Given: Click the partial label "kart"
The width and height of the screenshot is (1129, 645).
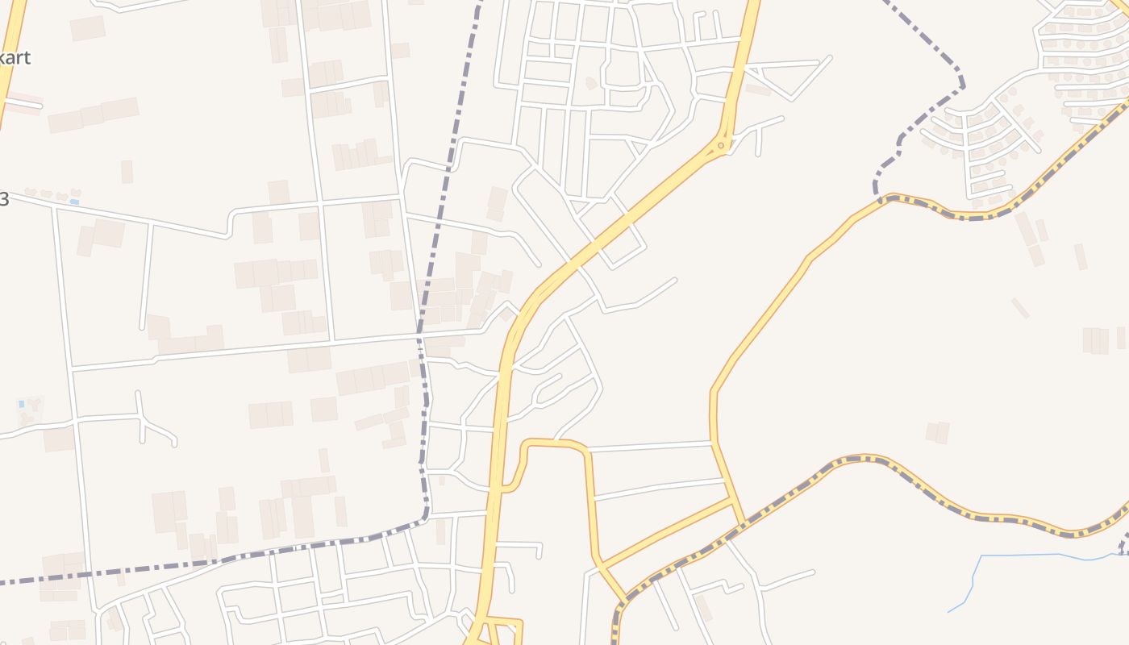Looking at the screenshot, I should coord(16,58).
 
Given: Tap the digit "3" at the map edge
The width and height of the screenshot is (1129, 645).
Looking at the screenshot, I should coord(4,199).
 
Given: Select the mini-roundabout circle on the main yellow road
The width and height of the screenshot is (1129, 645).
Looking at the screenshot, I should coord(723,145).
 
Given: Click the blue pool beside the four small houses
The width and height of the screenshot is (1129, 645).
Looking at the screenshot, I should coord(74,201).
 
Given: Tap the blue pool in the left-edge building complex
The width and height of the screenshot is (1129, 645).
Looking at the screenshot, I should coord(21,403).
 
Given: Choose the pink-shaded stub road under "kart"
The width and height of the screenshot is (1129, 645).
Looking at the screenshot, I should coord(23,103).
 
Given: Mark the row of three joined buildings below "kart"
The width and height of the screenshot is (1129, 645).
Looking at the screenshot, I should coord(93,114).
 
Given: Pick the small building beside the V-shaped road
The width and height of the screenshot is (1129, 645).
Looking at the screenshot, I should coord(758,89).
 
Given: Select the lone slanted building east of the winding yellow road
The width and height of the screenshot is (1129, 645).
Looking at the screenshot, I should coord(1019,308).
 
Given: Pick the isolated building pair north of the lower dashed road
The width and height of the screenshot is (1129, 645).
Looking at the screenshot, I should coord(937,432).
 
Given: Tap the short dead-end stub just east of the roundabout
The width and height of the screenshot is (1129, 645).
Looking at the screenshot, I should coord(759,144).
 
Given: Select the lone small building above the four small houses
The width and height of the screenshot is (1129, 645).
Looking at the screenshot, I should coord(127,171).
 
